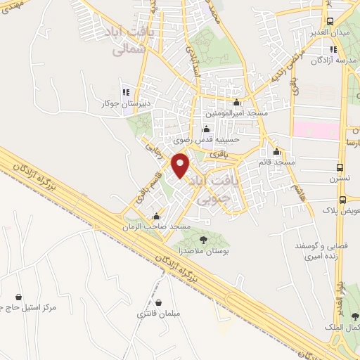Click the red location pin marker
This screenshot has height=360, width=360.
coord(181,166)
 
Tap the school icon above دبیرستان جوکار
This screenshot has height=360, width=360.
coord(126,91)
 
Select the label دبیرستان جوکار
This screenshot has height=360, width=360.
coord(126,103)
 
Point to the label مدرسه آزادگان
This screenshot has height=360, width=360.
coord(331,60)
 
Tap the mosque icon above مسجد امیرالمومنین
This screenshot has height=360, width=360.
coord(233,101)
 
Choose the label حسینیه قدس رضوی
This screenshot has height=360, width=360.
coord(206,139)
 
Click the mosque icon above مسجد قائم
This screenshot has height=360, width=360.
coord(276,152)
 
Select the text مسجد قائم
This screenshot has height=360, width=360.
coord(276,162)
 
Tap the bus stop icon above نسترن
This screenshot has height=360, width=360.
coord(340,168)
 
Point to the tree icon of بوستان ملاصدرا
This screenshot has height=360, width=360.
coord(203,240)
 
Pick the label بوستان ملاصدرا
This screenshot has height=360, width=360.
coord(200,251)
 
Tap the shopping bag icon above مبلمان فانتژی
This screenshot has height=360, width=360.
coord(160,302)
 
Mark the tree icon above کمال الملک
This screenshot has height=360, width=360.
coord(354,317)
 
